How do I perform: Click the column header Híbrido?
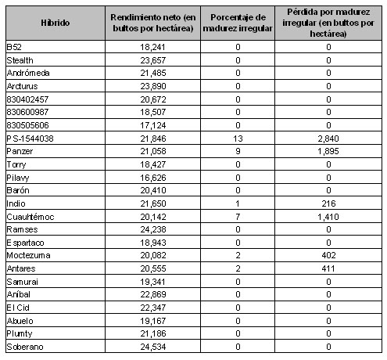click(54, 23)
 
